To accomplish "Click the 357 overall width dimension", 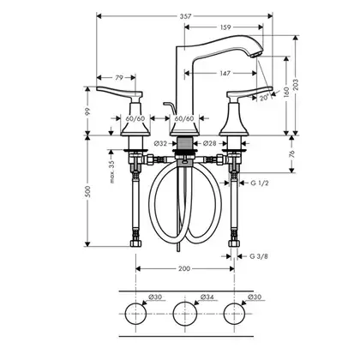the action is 185,16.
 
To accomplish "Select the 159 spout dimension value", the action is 225,27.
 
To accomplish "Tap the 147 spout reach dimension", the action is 225,74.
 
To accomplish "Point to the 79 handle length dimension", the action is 119,78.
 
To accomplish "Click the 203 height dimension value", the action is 296,85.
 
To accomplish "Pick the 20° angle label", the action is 265,98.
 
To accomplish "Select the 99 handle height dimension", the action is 88,111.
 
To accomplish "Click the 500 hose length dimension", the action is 88,191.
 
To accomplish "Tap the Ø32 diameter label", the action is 160,144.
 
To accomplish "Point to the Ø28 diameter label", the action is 210,144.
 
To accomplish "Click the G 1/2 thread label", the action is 260,183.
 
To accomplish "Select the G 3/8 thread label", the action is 259,256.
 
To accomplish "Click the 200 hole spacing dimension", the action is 184,269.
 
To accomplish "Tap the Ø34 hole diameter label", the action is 207,297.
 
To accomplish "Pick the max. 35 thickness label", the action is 111,171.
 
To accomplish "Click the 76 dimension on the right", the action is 291,154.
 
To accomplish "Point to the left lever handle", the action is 120,92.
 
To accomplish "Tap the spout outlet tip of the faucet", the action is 257,55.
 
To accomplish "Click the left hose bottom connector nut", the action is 136,243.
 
